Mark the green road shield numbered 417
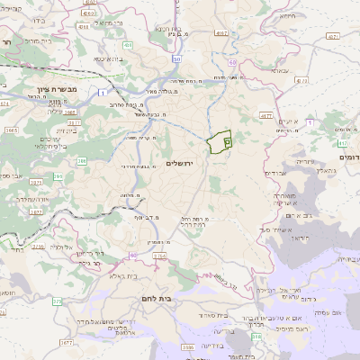[343, 143]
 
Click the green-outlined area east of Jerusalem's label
[220, 142]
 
